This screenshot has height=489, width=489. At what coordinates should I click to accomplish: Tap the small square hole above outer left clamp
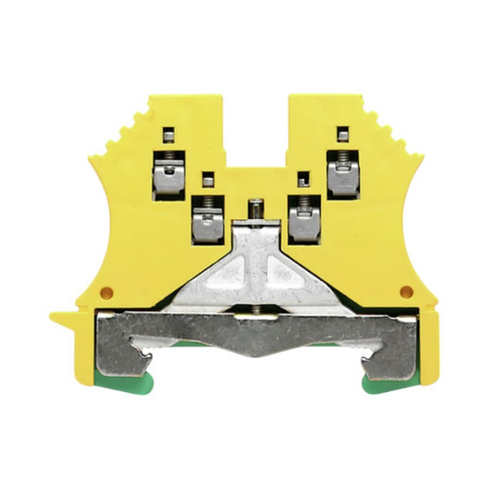(168, 135)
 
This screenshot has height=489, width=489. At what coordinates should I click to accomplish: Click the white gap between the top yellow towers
(256, 127)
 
